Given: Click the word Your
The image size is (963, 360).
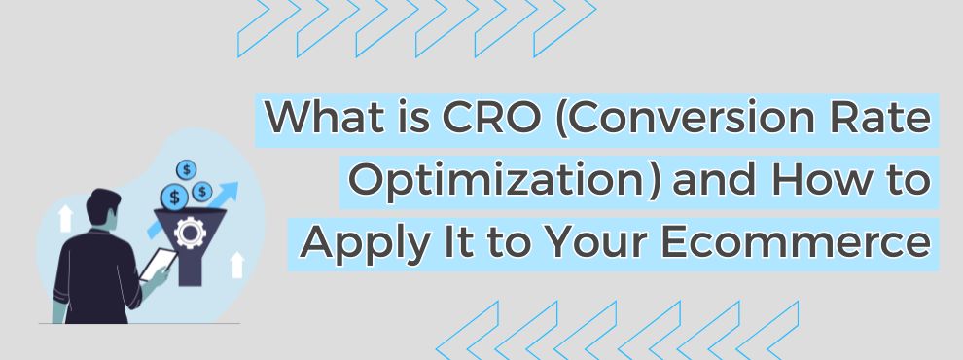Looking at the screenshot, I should tap(626, 240).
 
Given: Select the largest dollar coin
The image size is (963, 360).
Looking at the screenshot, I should tap(176, 198).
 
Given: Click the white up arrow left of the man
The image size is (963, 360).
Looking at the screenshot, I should tap(65, 218).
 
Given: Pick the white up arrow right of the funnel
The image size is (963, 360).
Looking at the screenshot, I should tap(235, 263).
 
